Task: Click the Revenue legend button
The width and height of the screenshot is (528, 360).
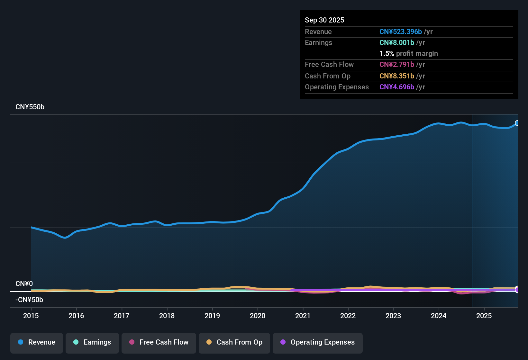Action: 37,342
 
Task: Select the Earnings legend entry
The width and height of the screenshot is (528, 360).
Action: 92,342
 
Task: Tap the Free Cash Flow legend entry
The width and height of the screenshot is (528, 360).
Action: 159,342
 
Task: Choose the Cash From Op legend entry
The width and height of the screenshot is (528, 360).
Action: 234,342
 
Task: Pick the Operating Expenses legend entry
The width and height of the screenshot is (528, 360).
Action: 318,342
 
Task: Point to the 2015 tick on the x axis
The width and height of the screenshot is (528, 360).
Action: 31,316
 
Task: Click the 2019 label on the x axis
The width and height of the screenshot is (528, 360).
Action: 212,316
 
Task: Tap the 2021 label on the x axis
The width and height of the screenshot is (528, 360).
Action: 303,316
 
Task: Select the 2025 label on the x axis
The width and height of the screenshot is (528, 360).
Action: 484,316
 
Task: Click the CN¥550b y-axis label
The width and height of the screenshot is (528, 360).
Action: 30,107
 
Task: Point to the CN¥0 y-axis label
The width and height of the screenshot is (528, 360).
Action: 24,284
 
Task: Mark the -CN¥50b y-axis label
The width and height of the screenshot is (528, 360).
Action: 29,300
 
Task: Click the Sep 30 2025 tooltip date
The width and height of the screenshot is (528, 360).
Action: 324,20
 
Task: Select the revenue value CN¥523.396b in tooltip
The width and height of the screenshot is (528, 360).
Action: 400,32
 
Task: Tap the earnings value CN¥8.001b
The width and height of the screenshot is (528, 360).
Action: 396,43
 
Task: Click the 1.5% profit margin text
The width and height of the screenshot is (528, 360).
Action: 408,54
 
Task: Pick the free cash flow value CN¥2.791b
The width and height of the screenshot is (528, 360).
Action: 396,65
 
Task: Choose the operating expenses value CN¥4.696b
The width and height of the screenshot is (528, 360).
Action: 396,87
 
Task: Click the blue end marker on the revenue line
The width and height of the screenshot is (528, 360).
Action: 517,123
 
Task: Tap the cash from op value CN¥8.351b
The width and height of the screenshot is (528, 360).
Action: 396,76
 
